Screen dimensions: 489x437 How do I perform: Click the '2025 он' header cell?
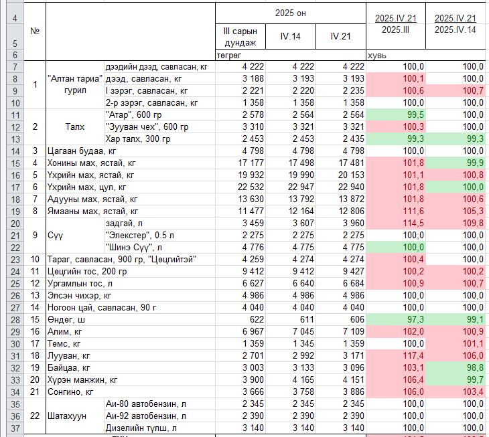290,13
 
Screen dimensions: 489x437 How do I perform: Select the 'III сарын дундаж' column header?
240,36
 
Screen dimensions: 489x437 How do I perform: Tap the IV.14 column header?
290,36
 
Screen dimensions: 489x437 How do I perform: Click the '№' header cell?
35,31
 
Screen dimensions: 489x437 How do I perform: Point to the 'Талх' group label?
75,126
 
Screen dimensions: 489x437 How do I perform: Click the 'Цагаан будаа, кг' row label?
82,151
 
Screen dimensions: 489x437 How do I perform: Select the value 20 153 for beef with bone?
351,175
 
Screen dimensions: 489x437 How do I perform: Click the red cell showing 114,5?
396,224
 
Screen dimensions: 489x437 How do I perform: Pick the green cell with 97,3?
396,320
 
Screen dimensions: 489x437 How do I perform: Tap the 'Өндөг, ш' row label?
66,320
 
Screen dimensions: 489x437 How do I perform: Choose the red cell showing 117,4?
396,356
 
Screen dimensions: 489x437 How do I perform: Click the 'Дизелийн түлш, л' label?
141,428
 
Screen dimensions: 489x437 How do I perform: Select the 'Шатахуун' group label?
67,416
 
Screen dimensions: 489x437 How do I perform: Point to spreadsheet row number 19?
15,211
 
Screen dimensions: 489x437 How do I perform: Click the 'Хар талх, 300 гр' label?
138,139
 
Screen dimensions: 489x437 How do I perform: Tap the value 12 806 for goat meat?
351,211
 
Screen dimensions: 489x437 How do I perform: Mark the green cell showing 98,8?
456,368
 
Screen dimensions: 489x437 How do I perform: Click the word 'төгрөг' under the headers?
229,56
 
